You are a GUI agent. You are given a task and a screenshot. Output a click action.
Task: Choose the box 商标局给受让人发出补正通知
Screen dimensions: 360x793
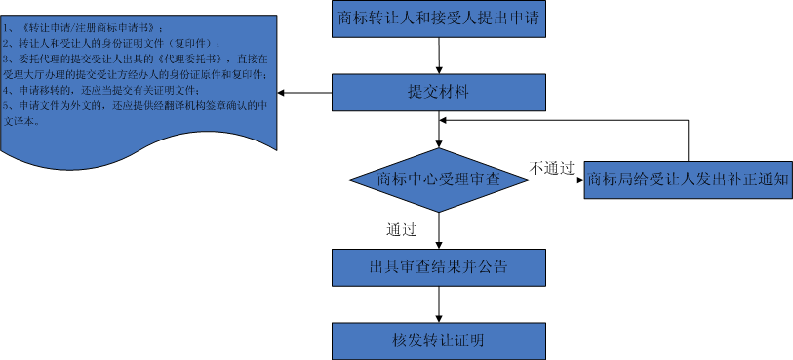click(688, 180)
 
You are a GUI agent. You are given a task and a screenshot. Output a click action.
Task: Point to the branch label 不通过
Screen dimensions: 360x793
click(551, 168)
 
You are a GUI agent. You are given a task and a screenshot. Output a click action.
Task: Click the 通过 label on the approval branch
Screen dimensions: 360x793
click(402, 230)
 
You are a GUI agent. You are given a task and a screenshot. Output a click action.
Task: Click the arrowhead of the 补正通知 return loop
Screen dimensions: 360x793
click(445, 119)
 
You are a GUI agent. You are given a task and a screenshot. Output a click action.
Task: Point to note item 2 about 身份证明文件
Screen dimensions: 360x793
click(117, 44)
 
